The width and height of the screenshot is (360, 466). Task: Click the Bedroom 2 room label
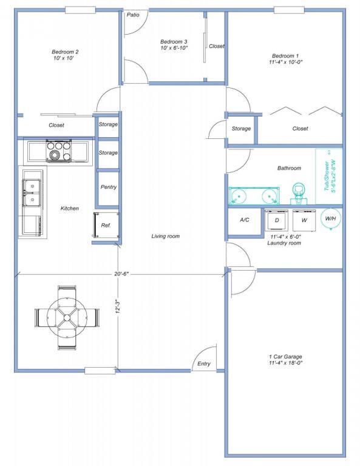(x=65, y=52)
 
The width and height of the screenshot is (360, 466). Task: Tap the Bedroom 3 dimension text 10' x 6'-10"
(x=174, y=48)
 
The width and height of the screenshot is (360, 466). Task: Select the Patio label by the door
(x=133, y=15)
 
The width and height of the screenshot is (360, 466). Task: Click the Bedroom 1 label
(x=285, y=55)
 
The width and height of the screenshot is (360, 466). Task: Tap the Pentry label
(x=109, y=187)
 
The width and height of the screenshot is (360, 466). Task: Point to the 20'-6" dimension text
(x=121, y=274)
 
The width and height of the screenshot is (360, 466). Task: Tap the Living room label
(x=165, y=236)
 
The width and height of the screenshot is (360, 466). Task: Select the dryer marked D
(x=277, y=220)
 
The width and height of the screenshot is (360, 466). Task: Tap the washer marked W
(x=304, y=220)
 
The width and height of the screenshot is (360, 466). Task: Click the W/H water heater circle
(x=330, y=219)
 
